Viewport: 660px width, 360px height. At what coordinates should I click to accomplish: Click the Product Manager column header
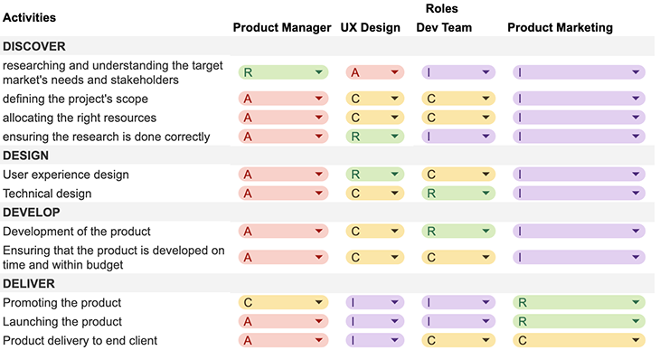[x=282, y=27]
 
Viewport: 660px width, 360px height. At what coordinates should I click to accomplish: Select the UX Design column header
[x=370, y=27]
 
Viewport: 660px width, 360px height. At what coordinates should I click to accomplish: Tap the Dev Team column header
[x=444, y=27]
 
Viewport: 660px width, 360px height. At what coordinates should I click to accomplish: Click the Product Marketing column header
[x=560, y=27]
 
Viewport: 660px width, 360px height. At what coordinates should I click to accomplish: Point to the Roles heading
[x=441, y=8]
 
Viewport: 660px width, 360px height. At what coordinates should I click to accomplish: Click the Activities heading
[x=29, y=17]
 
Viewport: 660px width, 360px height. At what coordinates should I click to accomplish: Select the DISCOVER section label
[x=33, y=46]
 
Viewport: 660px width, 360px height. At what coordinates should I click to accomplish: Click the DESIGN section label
[x=25, y=156]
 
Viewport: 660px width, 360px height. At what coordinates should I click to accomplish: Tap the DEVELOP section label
[x=31, y=213]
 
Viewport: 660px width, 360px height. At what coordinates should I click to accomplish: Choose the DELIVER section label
[x=29, y=284]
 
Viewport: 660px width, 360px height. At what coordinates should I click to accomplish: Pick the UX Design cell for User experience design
[x=374, y=175]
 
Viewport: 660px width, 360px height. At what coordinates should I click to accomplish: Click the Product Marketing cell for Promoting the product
[x=578, y=303]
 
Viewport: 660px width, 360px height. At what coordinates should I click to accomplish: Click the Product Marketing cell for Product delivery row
[x=578, y=341]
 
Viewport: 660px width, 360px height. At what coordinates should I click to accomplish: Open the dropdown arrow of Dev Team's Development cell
[x=486, y=232]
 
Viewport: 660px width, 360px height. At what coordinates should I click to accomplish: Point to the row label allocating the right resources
[x=80, y=118]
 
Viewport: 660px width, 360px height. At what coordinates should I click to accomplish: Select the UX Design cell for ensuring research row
[x=374, y=137]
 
